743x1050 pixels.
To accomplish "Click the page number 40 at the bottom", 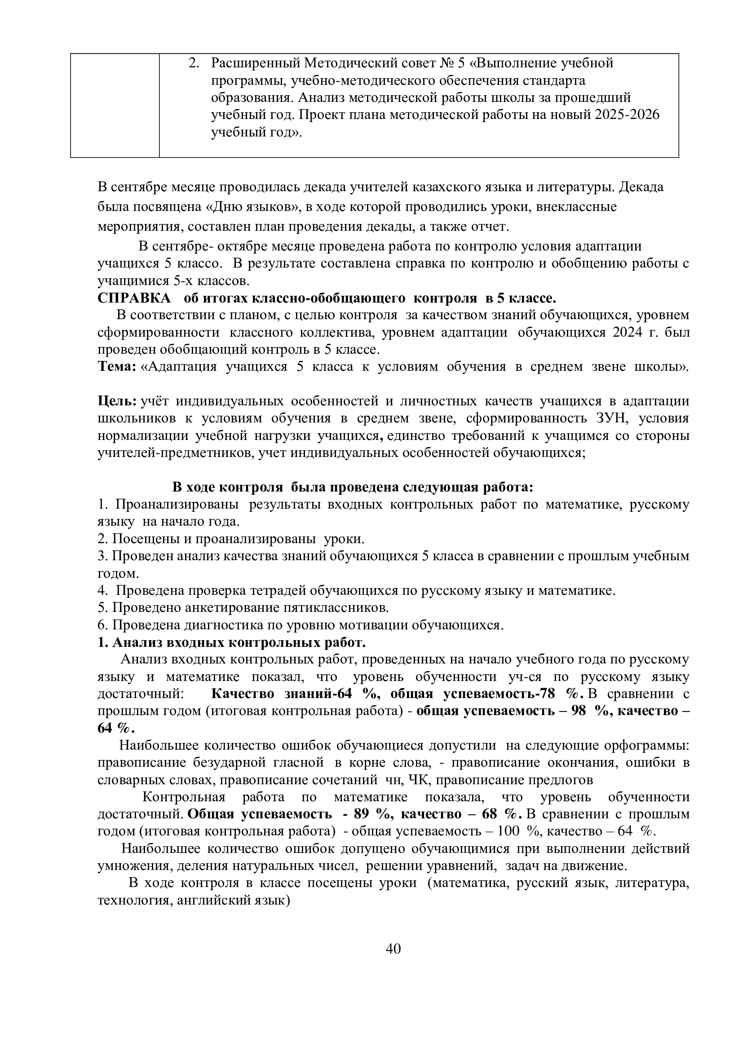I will [x=394, y=949].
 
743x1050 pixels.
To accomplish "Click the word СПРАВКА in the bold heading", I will [x=133, y=299].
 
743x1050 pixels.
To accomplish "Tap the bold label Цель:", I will [x=117, y=401].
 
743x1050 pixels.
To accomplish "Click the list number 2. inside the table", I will [x=194, y=63].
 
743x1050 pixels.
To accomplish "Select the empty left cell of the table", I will [x=115, y=105].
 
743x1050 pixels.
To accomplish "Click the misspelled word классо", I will [x=199, y=264].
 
